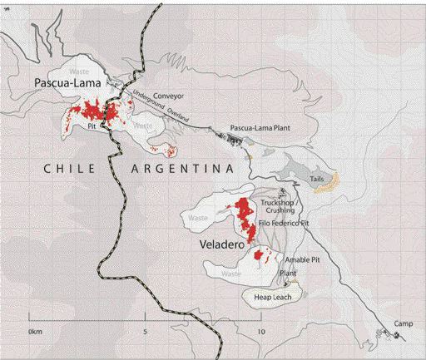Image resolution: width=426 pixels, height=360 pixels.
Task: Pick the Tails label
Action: (316, 179)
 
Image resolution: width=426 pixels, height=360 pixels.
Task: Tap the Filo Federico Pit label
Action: (281, 223)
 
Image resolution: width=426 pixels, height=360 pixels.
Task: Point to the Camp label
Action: (403, 323)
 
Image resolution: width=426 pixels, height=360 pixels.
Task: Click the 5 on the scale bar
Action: (146, 331)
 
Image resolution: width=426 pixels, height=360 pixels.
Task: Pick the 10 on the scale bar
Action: (260, 331)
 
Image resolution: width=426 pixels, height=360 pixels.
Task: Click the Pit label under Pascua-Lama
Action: (92, 126)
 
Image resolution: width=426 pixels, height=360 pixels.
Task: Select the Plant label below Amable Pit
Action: (289, 272)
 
